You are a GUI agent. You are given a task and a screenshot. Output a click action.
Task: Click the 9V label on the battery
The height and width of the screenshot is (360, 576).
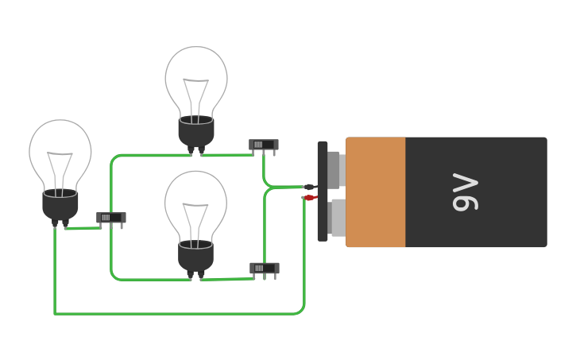click(x=466, y=192)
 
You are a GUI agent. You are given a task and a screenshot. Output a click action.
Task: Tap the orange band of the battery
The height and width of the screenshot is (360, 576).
click(x=376, y=192)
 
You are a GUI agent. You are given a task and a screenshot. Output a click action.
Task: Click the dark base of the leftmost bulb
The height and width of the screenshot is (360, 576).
click(x=60, y=205)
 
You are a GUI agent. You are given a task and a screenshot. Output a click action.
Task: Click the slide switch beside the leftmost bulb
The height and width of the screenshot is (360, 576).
click(x=110, y=217)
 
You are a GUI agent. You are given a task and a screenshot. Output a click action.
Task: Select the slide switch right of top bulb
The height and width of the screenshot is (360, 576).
click(x=263, y=145)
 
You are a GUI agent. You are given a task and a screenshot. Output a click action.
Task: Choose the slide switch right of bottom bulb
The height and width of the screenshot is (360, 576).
click(x=264, y=268)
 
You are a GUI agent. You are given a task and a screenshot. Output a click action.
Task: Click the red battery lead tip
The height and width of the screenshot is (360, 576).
click(x=309, y=198)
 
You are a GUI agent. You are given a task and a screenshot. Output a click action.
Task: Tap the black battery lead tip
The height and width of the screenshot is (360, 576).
click(x=308, y=188)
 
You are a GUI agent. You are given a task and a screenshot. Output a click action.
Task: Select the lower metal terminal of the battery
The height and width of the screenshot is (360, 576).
click(x=337, y=218)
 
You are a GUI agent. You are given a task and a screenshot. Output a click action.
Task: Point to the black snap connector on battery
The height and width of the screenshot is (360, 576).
click(x=323, y=191)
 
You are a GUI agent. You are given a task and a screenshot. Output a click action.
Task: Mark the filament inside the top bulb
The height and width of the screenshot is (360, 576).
click(x=196, y=95)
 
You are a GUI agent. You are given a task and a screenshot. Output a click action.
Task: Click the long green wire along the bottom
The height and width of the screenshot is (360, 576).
click(x=175, y=313)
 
